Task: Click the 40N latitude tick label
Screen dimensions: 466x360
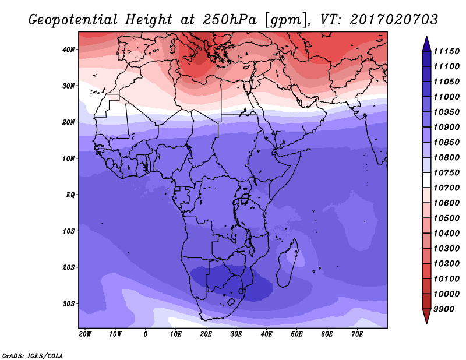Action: pos(68,50)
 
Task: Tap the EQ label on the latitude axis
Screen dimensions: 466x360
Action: pos(70,195)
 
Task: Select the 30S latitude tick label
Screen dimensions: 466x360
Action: pos(68,304)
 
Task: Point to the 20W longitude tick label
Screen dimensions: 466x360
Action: pos(85,334)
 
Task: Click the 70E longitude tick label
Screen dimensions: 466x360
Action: pos(357,334)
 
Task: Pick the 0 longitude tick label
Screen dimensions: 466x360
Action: pos(145,334)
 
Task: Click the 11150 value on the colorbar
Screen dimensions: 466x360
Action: pos(446,51)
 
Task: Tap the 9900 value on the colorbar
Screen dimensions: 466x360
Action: pos(444,309)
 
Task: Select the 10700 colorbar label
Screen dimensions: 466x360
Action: pos(446,188)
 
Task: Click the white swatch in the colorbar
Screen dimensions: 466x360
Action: pos(427,180)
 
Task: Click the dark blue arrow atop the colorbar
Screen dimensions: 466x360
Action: pos(427,44)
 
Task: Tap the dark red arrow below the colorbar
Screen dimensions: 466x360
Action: pos(427,316)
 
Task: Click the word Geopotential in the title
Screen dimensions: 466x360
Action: pos(73,20)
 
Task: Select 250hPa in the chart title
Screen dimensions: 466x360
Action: pos(230,20)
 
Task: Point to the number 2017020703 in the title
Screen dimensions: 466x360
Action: pos(394,20)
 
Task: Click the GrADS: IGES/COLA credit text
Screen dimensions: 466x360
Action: pos(33,356)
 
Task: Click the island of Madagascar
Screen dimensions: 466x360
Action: pos(287,264)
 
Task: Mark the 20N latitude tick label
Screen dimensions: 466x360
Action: pos(68,122)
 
